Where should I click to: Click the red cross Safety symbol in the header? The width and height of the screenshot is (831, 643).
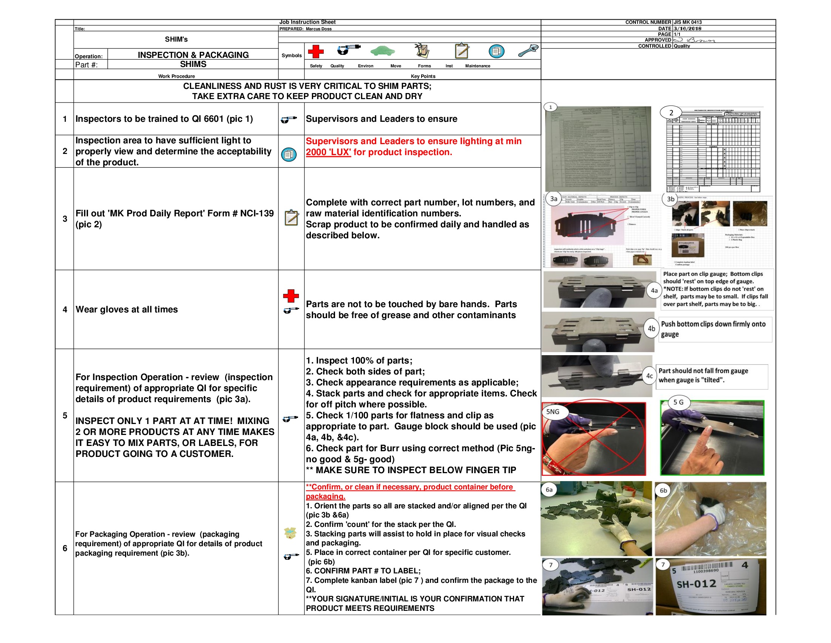pyautogui.click(x=315, y=51)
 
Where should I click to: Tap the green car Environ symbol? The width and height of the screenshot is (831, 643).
pyautogui.click(x=382, y=51)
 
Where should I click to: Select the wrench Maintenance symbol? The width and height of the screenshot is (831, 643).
pyautogui.click(x=528, y=51)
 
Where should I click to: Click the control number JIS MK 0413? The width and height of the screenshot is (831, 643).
pyautogui.click(x=687, y=22)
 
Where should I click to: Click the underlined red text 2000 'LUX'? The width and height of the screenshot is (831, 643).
pyautogui.click(x=328, y=152)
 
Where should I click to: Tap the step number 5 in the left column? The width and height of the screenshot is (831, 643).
pyautogui.click(x=65, y=415)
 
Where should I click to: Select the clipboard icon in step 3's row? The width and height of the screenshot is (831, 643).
pyautogui.click(x=292, y=217)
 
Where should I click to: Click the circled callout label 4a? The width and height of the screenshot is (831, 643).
pyautogui.click(x=654, y=290)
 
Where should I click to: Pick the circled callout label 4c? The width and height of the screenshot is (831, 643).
pyautogui.click(x=649, y=376)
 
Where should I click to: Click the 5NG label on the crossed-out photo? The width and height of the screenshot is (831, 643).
pyautogui.click(x=553, y=412)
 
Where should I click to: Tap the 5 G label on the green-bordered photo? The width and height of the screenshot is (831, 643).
pyautogui.click(x=678, y=402)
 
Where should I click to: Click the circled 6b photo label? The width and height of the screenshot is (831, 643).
pyautogui.click(x=663, y=491)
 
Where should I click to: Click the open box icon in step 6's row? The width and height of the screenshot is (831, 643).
pyautogui.click(x=290, y=533)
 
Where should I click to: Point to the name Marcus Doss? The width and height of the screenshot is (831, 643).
pyautogui.click(x=318, y=29)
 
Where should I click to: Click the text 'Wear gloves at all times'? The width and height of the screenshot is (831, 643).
pyautogui.click(x=126, y=309)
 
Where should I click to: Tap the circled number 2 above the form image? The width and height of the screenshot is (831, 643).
pyautogui.click(x=671, y=113)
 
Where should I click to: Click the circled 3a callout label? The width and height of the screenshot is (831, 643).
pyautogui.click(x=554, y=199)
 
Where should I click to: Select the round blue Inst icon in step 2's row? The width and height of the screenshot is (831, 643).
pyautogui.click(x=289, y=154)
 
